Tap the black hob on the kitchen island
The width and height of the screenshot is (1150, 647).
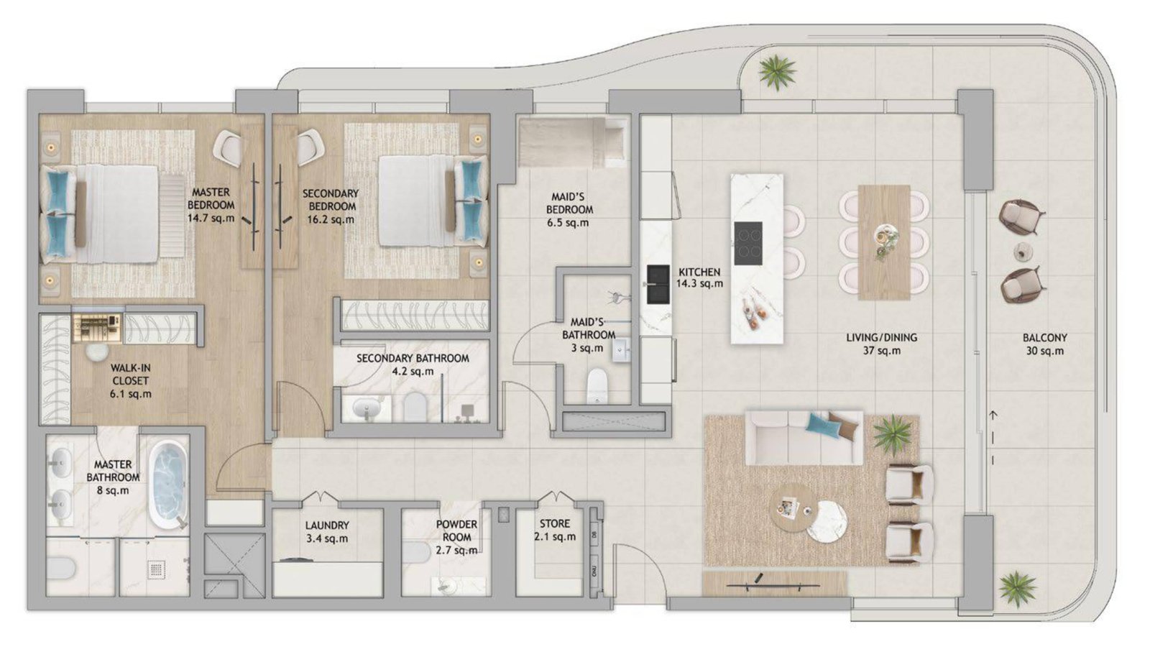748,244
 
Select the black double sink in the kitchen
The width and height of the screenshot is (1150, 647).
658,285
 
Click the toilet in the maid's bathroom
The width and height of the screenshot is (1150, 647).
597,386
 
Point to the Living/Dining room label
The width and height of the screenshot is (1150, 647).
881,344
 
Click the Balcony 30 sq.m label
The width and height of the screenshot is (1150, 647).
1045,344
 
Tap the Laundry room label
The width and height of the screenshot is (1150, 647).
327,532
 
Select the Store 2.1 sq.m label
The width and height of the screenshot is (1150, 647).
554,530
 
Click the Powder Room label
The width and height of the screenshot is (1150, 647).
456,537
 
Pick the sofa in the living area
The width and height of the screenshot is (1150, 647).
804,438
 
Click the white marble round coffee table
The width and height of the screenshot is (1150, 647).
826,521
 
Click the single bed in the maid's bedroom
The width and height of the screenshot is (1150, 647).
572,142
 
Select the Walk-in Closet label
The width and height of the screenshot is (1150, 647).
130,381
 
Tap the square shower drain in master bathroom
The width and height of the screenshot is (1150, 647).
156,569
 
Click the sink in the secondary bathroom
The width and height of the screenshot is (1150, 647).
367,409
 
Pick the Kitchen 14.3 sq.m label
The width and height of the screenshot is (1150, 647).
699,277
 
